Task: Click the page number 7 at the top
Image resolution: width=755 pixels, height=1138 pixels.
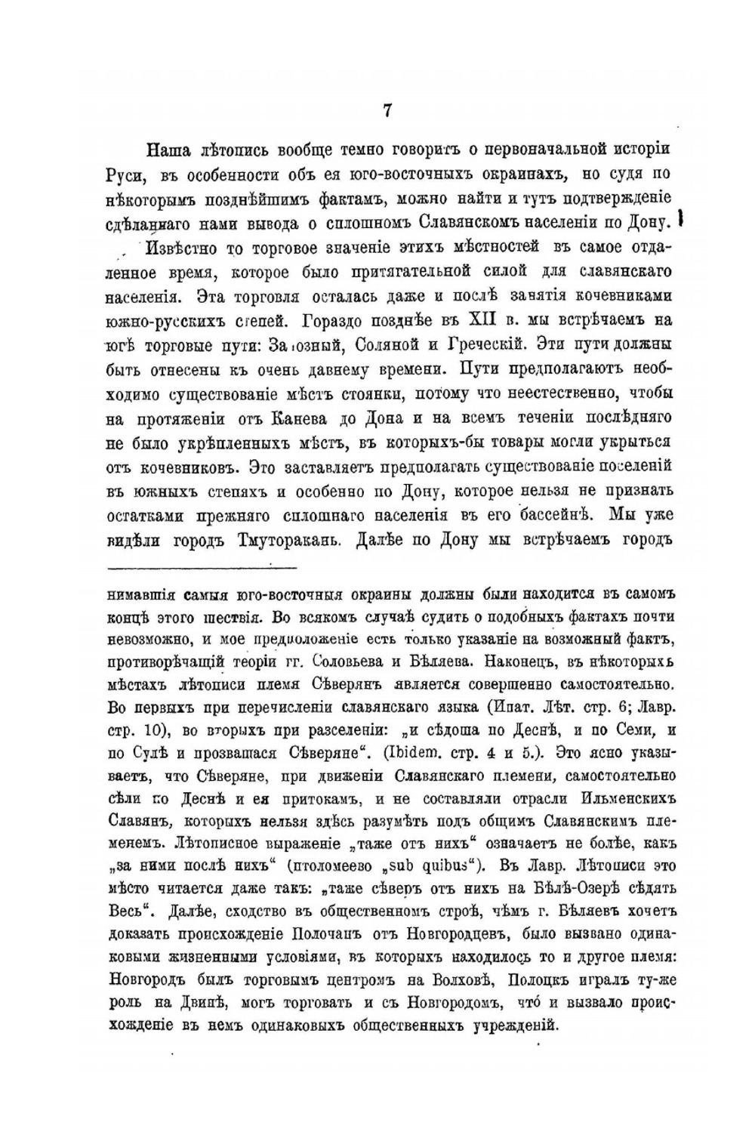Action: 387,111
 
